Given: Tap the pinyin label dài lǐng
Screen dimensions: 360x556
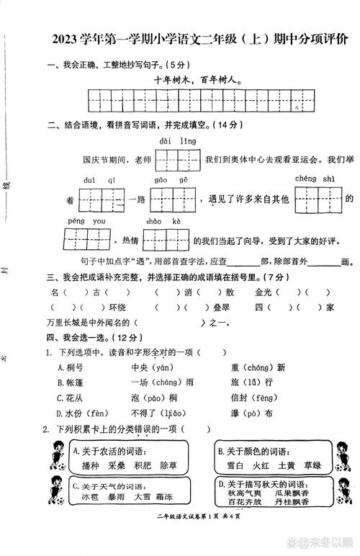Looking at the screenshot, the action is (x=177, y=140).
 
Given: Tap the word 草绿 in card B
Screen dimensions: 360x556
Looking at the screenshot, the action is (x=312, y=465).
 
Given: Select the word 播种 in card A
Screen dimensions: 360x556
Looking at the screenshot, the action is (x=90, y=466).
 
